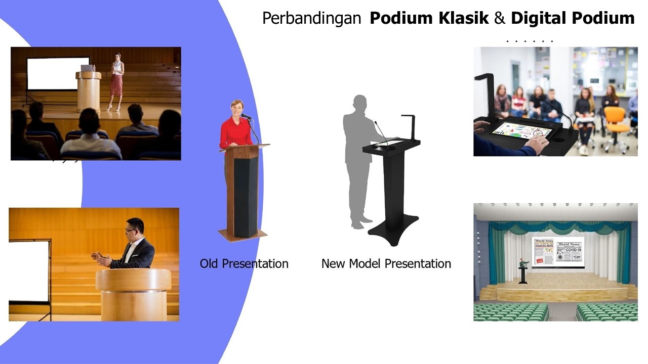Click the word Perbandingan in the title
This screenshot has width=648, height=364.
tap(311, 19)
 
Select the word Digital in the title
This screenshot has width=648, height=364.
tap(539, 19)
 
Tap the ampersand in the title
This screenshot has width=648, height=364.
tap(499, 19)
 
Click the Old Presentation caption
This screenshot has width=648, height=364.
tap(244, 263)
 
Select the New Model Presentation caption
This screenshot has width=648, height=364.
tap(386, 263)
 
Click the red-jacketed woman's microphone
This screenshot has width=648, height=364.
tap(246, 116)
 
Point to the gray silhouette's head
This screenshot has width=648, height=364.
tap(359, 103)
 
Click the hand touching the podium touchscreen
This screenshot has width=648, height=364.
tap(538, 143)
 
